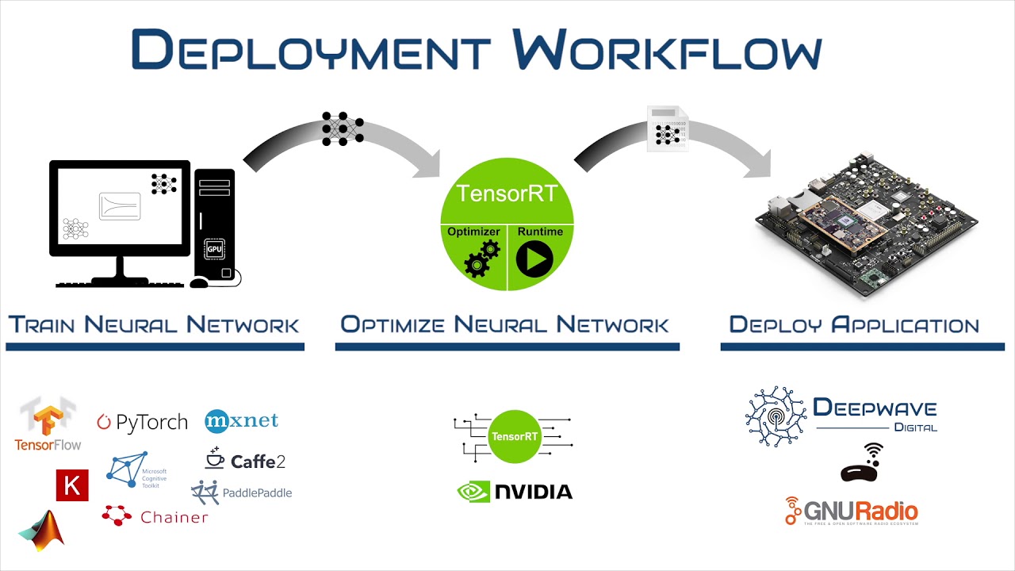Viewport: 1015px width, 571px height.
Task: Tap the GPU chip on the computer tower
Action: pyautogui.click(x=213, y=248)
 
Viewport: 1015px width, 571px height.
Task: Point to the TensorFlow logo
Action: pyautogui.click(x=48, y=426)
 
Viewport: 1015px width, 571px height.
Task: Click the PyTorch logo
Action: pyautogui.click(x=143, y=422)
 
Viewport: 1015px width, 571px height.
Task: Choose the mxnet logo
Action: pyautogui.click(x=242, y=420)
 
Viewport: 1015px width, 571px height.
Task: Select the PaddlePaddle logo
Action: pyautogui.click(x=242, y=492)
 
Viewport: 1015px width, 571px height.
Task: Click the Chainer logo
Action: pyautogui.click(x=155, y=516)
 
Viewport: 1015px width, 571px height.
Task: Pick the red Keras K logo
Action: pyautogui.click(x=72, y=485)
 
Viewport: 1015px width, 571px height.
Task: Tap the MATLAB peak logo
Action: pyautogui.click(x=42, y=530)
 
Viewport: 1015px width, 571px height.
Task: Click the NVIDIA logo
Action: pyautogui.click(x=515, y=492)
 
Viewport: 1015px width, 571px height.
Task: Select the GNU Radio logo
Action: pyautogui.click(x=851, y=512)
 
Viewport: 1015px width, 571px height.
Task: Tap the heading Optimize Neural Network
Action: pyautogui.click(x=505, y=324)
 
